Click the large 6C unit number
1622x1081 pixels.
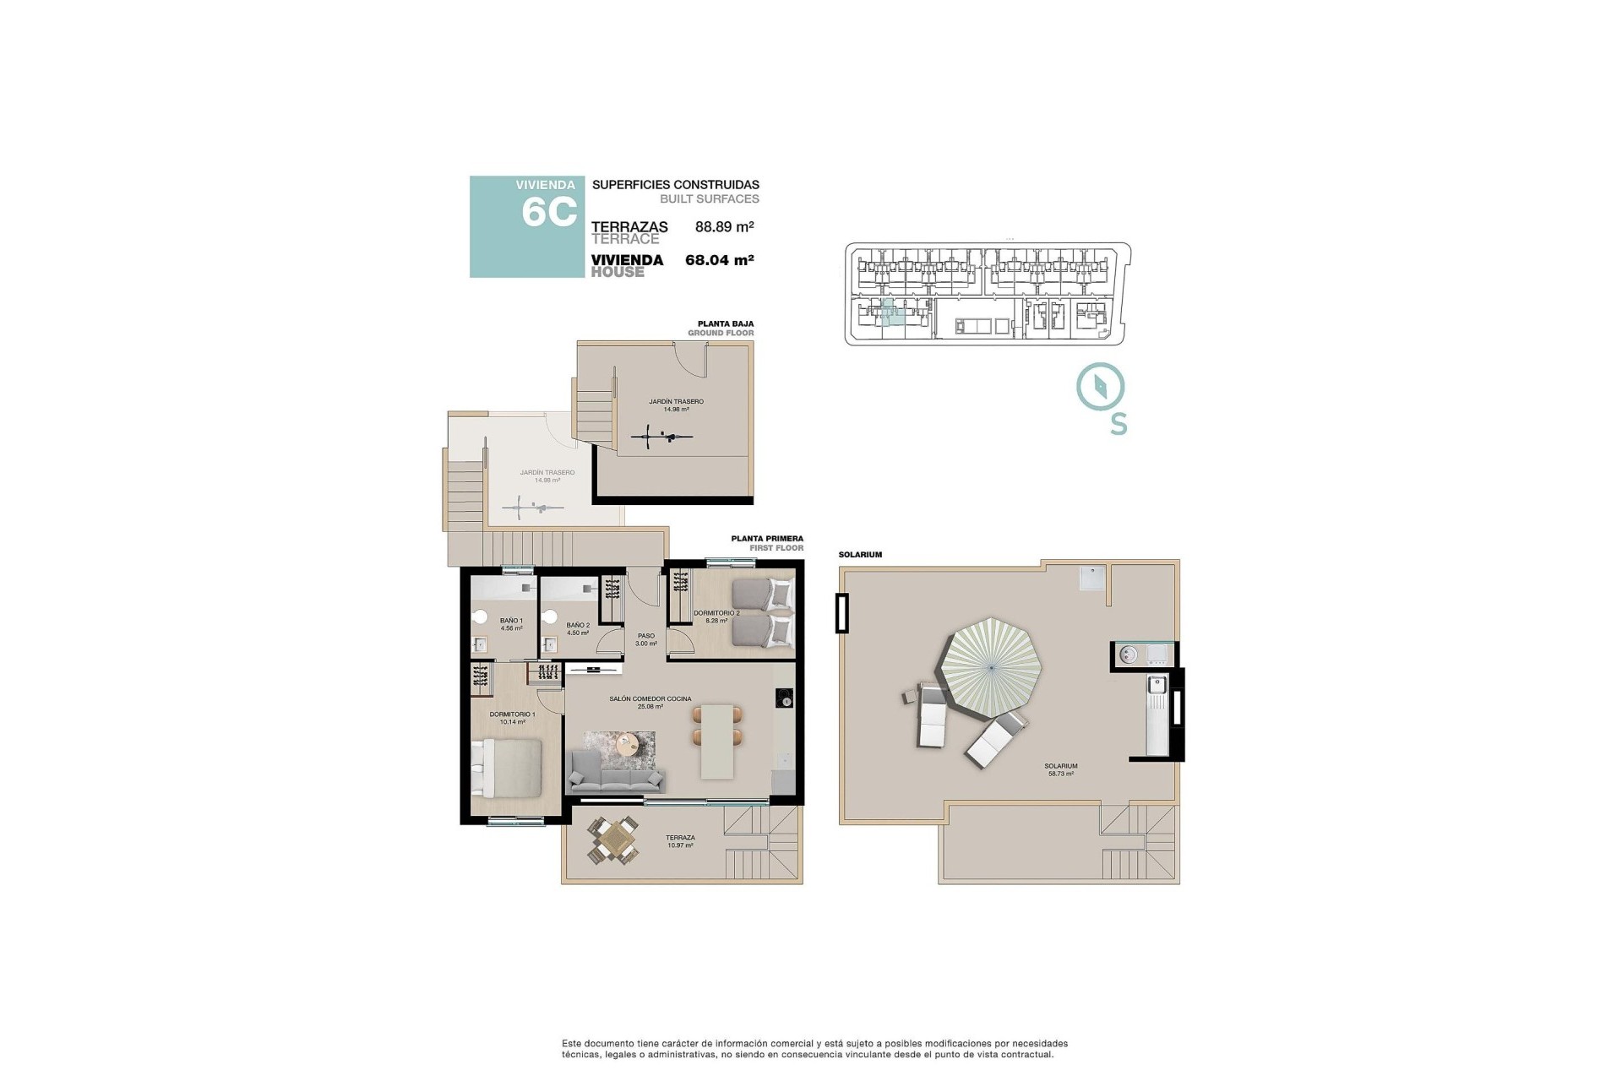549,212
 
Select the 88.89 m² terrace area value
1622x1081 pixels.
724,226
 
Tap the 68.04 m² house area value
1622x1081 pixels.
719,260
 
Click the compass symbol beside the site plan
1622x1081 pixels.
1100,388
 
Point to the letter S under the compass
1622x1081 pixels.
1118,424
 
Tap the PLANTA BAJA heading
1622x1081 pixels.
725,323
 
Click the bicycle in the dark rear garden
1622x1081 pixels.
662,437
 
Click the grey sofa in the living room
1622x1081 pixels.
616,771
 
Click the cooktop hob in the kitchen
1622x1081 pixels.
784,698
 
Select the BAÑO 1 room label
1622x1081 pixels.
511,621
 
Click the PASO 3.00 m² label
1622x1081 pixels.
646,639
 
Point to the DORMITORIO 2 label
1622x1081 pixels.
716,613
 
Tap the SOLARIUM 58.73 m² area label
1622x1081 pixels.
1061,769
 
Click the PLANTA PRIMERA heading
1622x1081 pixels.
767,538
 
